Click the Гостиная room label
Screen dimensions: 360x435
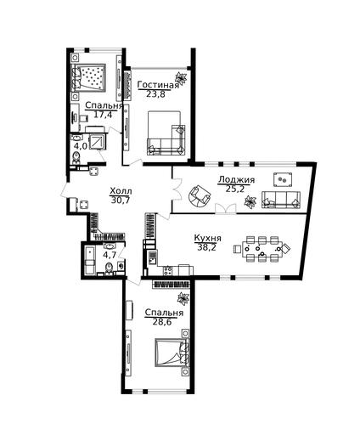[158, 85]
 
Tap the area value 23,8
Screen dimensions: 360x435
[155, 94]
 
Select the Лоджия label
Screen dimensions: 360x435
[237, 180]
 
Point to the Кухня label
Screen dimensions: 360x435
[208, 238]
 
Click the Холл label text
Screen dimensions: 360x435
[121, 191]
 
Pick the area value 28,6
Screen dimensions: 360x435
[162, 322]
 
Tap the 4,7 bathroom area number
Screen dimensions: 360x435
[110, 255]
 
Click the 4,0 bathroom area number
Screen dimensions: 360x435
[81, 146]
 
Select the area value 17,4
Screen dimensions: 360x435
[103, 115]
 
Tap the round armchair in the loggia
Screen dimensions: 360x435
[200, 195]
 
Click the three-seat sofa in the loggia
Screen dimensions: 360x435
[281, 200]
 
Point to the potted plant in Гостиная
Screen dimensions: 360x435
[181, 78]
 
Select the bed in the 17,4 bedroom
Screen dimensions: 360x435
[88, 77]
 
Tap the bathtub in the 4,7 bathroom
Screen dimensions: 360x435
[90, 261]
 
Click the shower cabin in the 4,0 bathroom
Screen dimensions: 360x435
[97, 141]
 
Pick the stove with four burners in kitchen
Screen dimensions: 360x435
[168, 270]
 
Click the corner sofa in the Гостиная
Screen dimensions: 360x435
[166, 140]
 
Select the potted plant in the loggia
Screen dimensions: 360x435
[250, 202]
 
